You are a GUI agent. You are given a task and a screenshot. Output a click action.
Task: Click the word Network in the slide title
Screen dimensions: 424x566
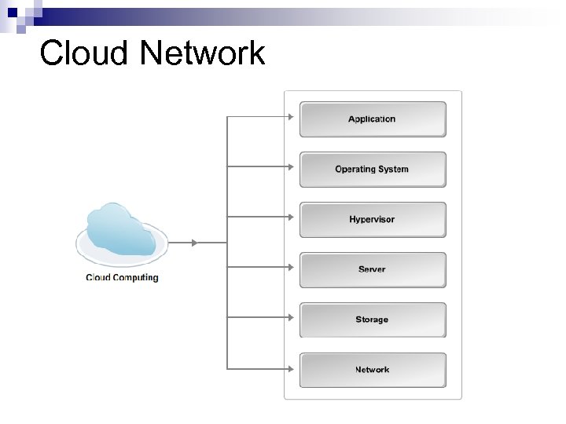tap(203, 54)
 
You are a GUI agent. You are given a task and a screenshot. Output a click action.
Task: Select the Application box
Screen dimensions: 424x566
tap(373, 119)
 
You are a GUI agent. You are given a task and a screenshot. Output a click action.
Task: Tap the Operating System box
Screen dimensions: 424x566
tap(373, 170)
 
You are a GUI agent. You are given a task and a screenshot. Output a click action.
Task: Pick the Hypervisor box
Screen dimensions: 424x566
tap(373, 220)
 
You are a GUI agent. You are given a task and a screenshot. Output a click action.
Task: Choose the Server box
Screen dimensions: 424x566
tap(373, 270)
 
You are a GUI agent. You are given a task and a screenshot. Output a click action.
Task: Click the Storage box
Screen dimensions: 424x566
tap(373, 320)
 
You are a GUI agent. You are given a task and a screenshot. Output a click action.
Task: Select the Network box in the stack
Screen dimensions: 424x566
tap(373, 370)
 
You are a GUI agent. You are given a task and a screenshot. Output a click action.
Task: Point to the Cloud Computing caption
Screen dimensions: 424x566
tap(122, 277)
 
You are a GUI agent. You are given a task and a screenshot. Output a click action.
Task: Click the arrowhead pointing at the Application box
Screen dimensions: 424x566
tap(290, 117)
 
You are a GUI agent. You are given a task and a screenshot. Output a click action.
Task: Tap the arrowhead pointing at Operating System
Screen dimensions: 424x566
tap(290, 166)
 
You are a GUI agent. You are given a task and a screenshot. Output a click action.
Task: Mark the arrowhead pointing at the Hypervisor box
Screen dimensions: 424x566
tap(290, 217)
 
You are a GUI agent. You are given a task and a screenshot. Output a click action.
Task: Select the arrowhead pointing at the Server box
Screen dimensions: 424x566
tap(290, 267)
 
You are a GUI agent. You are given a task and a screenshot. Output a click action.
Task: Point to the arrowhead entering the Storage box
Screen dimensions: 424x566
tap(290, 317)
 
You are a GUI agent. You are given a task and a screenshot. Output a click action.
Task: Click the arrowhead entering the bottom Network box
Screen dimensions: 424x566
tap(290, 367)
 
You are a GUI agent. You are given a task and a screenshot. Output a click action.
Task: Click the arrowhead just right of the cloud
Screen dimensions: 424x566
tap(195, 243)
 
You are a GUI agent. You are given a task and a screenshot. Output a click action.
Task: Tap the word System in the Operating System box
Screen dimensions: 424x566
tap(394, 170)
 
